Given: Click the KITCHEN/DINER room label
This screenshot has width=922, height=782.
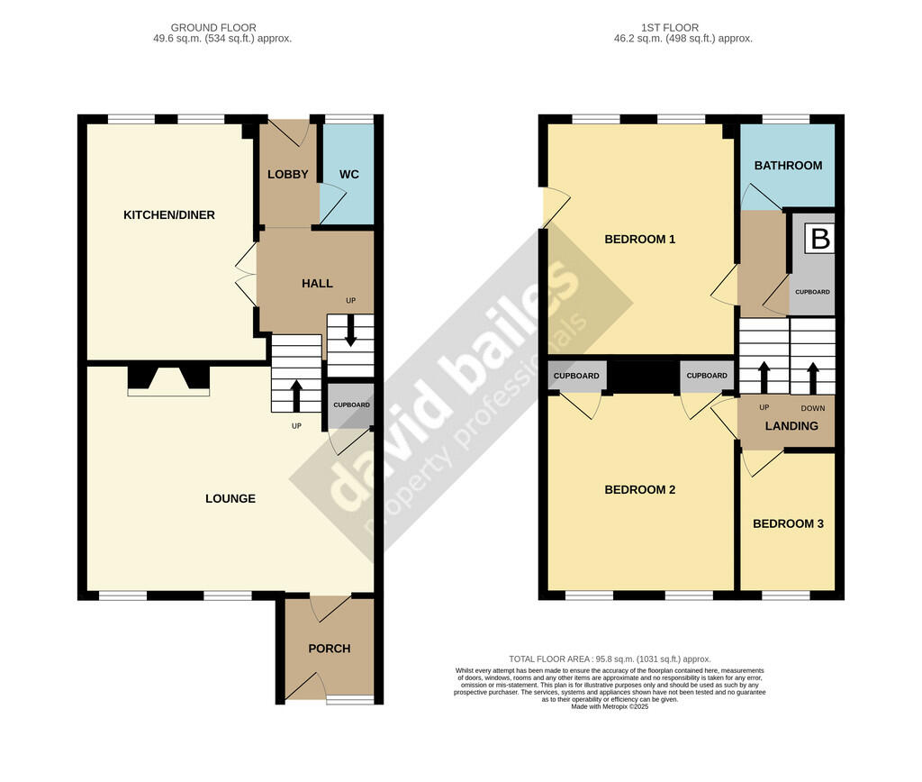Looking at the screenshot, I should coord(169,214).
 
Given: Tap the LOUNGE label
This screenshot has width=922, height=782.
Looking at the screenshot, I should coord(230,498).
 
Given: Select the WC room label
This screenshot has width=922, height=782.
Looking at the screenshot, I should coord(349,174).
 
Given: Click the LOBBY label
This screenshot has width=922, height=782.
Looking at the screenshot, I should coord(288,174).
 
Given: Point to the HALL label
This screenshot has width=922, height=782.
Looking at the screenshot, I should coord(317,283).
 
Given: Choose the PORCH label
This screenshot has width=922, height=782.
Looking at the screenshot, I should coord(329,648).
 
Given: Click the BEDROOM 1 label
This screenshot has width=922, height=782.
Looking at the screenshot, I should coord(639,239).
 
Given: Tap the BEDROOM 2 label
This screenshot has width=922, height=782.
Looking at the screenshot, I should coord(639,489).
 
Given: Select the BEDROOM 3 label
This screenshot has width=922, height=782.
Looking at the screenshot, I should coord(788,523).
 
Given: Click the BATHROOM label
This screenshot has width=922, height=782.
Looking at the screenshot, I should coord(788,165).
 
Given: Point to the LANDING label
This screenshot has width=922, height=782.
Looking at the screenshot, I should coord(792,425).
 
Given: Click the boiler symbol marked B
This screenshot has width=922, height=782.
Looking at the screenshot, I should coord(819,239).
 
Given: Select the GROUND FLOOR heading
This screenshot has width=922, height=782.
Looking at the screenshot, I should coord(213,28).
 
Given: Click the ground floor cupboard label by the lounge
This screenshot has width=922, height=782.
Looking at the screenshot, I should coord(351,405).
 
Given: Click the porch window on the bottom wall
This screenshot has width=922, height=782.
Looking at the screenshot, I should coord(350,700).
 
